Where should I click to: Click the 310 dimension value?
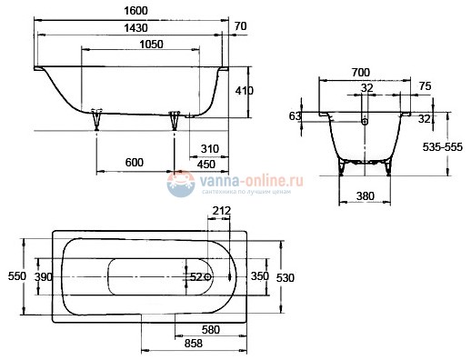(x=210, y=149)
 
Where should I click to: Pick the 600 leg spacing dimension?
(x=135, y=163)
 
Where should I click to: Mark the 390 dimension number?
(x=44, y=275)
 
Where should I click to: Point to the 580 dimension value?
(x=212, y=329)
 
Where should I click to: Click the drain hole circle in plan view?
(x=208, y=275)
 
